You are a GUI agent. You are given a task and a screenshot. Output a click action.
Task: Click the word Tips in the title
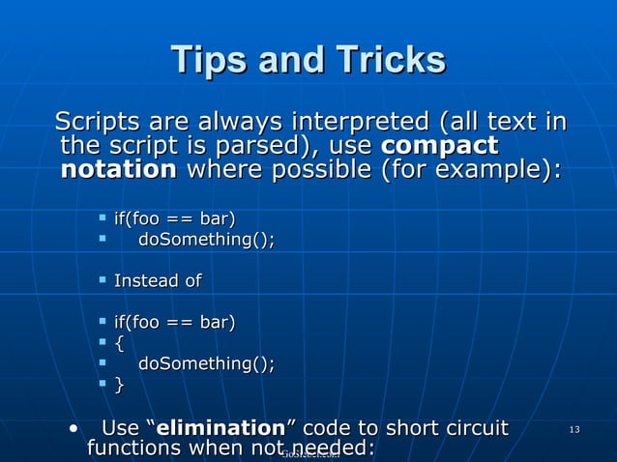click(x=205, y=60)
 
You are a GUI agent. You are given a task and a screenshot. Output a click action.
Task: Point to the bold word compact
click(x=440, y=147)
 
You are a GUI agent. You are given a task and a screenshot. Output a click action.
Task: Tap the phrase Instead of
click(x=158, y=281)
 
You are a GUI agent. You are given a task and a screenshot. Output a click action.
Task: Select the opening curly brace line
click(x=119, y=342)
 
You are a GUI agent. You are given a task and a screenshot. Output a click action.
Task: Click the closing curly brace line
click(x=119, y=385)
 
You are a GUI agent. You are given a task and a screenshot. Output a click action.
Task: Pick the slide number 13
click(x=574, y=429)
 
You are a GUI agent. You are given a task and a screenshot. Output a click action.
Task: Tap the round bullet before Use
click(x=73, y=428)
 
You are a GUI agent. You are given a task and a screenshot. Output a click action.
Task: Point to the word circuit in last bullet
click(x=473, y=428)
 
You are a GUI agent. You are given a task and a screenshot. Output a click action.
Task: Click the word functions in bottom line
click(x=134, y=449)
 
